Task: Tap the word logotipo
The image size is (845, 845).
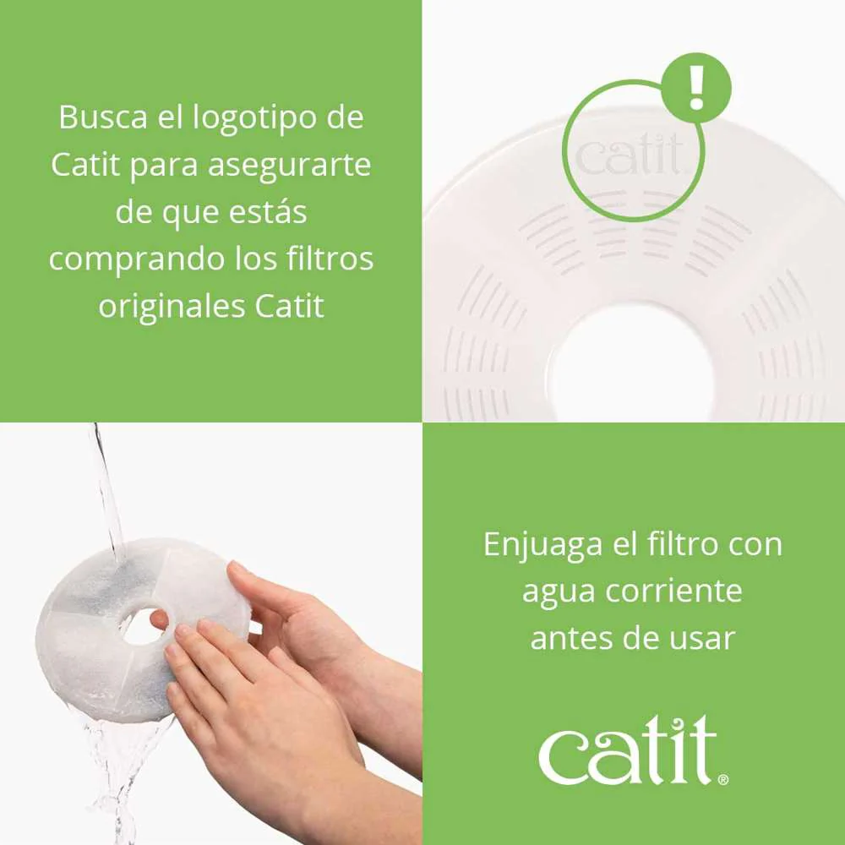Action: [x=262, y=117]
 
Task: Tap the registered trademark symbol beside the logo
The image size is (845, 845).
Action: [x=722, y=778]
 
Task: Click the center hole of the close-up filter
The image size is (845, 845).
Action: [x=632, y=363]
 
